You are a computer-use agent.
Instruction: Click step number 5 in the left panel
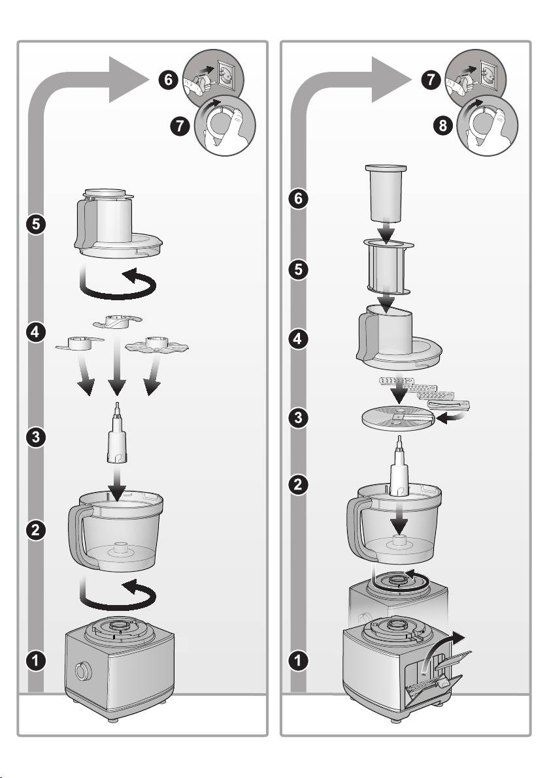[36, 225]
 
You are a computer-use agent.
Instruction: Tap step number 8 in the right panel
[442, 125]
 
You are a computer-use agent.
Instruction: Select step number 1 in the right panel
[298, 661]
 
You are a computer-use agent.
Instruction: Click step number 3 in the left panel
[36, 437]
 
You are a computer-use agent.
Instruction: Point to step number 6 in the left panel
[169, 80]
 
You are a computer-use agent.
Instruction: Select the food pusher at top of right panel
[386, 193]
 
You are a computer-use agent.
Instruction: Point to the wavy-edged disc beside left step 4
[157, 345]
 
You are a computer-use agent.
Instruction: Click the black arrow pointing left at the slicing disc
[453, 419]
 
